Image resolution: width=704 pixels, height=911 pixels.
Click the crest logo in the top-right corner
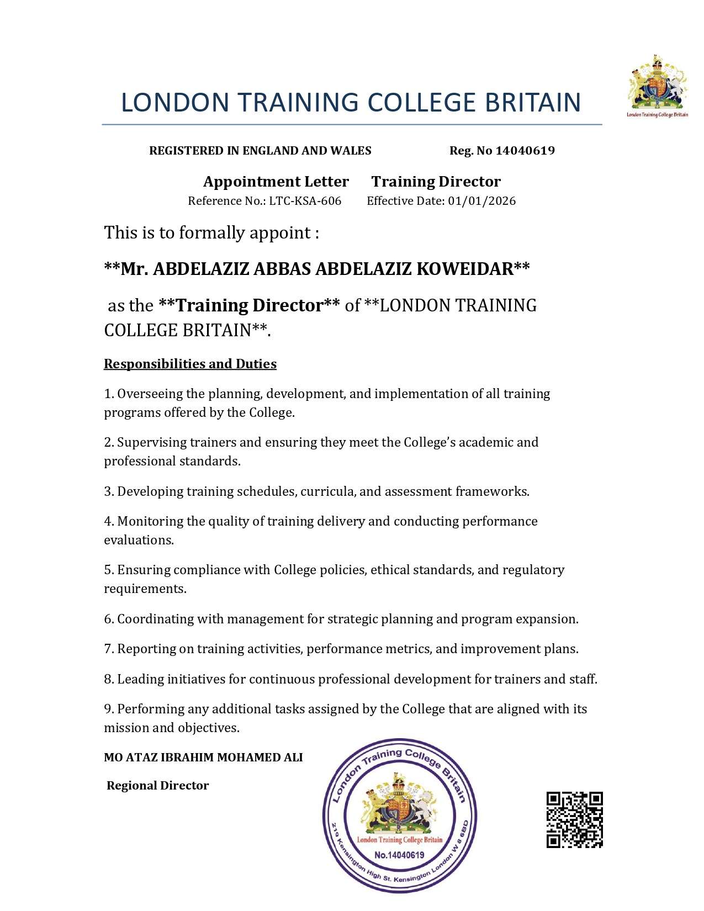[x=657, y=86]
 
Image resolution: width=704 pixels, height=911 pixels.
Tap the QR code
[x=574, y=819]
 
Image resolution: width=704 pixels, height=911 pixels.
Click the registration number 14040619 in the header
[x=525, y=151]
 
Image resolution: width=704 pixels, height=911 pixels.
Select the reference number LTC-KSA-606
[x=305, y=201]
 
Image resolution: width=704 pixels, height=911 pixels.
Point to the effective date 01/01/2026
[x=482, y=201]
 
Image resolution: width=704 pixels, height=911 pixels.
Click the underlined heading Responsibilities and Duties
[x=190, y=364]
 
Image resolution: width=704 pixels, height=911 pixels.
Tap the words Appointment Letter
[x=276, y=182]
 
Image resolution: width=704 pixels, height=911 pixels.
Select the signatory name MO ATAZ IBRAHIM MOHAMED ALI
[x=203, y=758]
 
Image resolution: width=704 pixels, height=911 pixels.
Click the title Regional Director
[x=157, y=785]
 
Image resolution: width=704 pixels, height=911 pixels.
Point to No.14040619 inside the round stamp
[x=399, y=855]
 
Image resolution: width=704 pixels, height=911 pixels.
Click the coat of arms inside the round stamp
[x=399, y=807]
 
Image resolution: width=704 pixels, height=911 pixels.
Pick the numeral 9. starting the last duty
[x=109, y=709]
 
